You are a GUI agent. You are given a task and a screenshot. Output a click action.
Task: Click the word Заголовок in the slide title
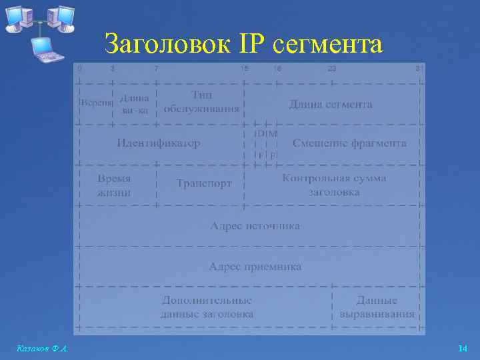162,45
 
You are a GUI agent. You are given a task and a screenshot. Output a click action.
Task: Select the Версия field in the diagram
96,104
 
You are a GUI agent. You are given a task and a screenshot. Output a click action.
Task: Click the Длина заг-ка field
135,104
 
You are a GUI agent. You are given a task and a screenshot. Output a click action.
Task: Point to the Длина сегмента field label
330,105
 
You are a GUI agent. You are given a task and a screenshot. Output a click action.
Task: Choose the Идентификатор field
158,143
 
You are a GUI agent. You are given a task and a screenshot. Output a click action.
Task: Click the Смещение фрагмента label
349,143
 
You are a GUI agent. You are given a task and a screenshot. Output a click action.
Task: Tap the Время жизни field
114,185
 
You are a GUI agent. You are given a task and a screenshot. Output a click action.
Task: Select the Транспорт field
204,183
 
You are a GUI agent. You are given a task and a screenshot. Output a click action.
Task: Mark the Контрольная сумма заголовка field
334,185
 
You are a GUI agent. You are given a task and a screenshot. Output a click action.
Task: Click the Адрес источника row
255,226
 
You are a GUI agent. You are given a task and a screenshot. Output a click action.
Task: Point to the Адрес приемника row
255,267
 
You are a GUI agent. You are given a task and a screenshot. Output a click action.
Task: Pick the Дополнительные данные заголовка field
207,307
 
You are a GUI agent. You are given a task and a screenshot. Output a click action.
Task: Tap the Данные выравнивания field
377,307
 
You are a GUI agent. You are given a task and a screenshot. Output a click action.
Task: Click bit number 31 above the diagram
419,69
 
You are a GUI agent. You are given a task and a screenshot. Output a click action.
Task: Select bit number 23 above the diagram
331,69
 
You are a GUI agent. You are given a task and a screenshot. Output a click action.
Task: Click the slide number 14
463,349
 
